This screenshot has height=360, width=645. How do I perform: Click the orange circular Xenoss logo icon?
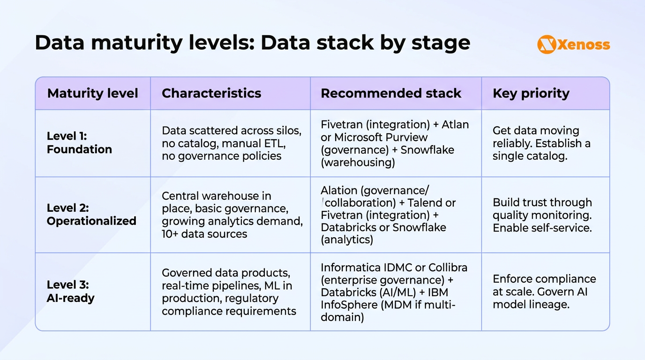tap(546, 45)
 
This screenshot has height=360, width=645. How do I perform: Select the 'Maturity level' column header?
tap(92, 93)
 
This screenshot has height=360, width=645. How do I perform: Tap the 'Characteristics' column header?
tap(211, 93)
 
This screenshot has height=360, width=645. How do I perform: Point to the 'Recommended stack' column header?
tap(391, 93)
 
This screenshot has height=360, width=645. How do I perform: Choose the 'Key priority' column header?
tap(531, 93)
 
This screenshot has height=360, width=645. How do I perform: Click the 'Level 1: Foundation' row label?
tap(79, 143)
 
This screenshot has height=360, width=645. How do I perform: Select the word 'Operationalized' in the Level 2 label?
tap(91, 221)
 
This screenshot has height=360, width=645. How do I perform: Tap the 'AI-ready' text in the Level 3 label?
tap(71, 298)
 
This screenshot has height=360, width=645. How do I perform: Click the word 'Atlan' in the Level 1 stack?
tap(455, 125)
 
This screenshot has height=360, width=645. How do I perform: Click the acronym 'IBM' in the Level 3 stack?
tap(441, 292)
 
